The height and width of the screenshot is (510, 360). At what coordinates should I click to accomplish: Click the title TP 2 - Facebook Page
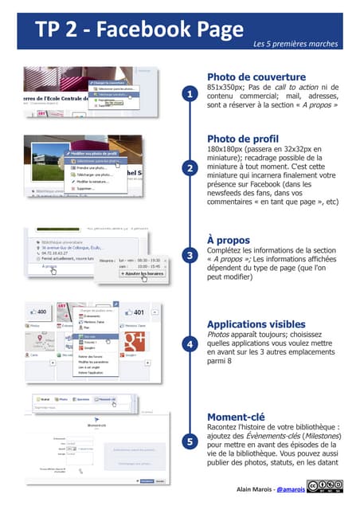point(139,30)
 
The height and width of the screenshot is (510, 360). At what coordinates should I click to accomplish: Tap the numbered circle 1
point(189,95)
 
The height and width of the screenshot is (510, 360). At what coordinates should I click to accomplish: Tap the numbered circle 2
point(189,168)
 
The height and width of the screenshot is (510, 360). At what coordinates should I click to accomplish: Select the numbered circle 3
point(189,256)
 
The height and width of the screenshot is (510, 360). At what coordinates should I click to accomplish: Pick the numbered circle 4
point(189,344)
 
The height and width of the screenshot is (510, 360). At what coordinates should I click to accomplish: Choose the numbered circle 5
point(189,441)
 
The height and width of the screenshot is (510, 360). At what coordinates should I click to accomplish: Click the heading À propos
point(229,239)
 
